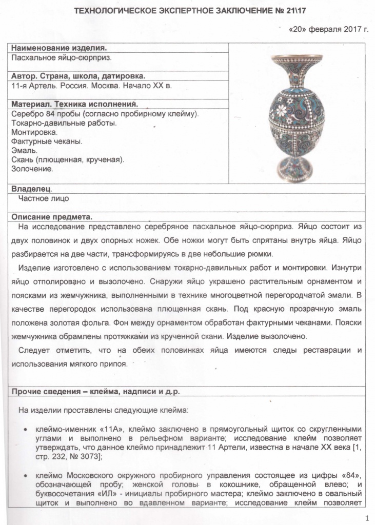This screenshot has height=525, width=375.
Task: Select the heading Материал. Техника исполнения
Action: point(75,104)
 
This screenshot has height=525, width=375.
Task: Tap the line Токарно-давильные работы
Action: point(64,123)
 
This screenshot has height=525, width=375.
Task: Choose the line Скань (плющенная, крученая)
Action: point(68,159)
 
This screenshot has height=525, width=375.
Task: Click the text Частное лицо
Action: point(44,198)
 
